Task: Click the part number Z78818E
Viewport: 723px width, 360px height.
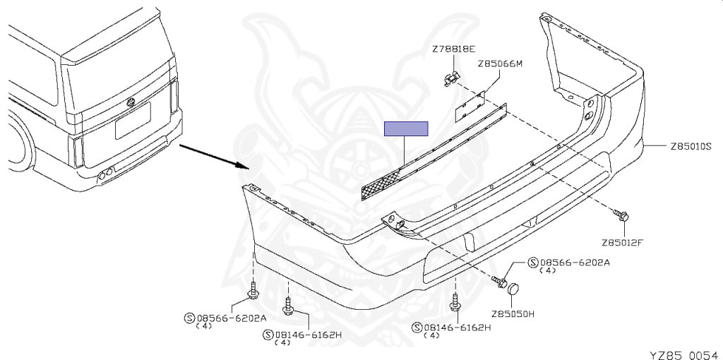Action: point(454,49)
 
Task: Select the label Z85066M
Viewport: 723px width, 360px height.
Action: point(499,64)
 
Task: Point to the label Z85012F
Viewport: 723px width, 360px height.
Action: point(623,242)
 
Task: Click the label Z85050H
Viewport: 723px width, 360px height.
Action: point(514,313)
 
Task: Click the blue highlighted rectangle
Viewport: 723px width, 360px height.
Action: point(405,128)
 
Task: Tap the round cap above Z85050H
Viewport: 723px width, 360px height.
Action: point(515,287)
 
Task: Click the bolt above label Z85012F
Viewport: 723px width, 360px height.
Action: point(622,215)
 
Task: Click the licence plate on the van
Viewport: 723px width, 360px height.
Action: point(133,119)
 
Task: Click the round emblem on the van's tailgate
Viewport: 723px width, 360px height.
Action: point(129,104)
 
